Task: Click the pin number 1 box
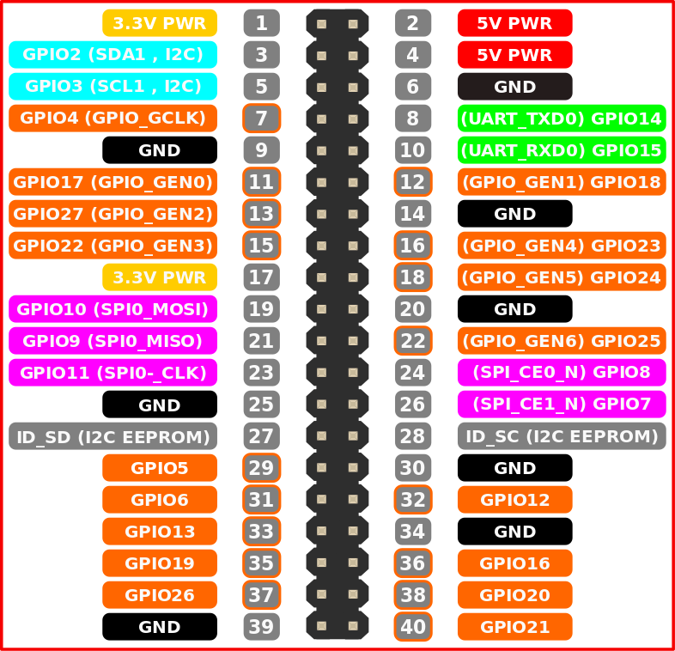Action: pos(261,23)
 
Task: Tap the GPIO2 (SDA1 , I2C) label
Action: pos(112,55)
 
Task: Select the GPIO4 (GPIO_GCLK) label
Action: pos(112,119)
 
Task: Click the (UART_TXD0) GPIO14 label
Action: pos(561,119)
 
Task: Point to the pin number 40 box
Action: pos(413,627)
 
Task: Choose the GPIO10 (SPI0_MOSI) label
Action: pos(112,309)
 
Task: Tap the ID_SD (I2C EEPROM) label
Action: pos(112,436)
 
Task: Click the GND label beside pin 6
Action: pos(514,87)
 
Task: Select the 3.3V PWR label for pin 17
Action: pos(159,277)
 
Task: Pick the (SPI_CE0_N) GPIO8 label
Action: pos(561,373)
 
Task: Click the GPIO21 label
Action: pos(514,627)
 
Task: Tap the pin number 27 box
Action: pos(261,436)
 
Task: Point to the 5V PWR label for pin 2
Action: pos(514,23)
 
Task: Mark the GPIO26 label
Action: pos(159,595)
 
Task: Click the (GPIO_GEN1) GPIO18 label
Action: pos(561,182)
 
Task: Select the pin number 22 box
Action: pos(413,341)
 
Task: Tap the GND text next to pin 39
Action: pos(159,627)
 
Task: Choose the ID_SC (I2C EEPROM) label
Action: pos(561,436)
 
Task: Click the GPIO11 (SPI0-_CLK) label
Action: pos(112,373)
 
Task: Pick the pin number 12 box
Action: pos(413,182)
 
